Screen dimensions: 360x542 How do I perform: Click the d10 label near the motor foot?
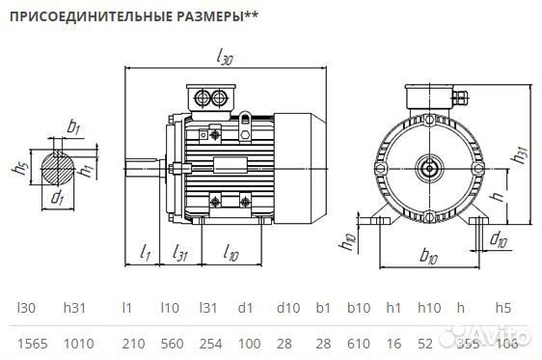pos(499,237)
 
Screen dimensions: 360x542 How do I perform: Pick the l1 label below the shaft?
pos(145,253)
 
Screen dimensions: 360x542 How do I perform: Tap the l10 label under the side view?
pos(231,253)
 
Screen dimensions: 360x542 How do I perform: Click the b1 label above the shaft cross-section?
pos(73,126)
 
